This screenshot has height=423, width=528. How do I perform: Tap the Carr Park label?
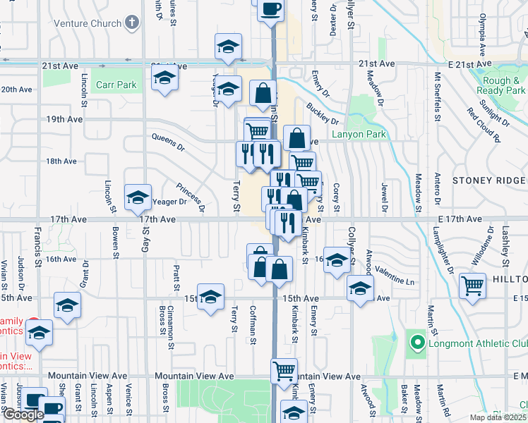pos(116,84)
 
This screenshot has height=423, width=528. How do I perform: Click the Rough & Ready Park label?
pos(501,86)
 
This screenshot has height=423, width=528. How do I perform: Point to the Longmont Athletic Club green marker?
pos(417,343)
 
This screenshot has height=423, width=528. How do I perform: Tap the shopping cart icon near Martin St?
pos(472,286)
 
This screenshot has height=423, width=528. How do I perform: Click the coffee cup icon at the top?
pos(271,10)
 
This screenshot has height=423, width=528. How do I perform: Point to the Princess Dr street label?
pos(191,198)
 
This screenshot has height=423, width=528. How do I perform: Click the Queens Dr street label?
pos(167,142)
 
